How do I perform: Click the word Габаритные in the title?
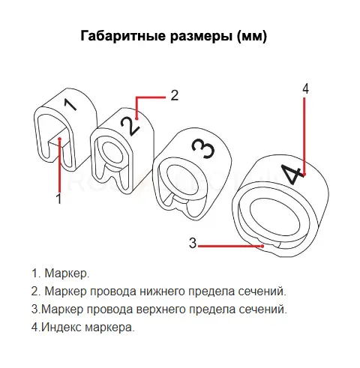[x=123, y=36]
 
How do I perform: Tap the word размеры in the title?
[x=202, y=37]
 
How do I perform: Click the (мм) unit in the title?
[x=252, y=37]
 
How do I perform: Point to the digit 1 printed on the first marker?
[x=70, y=104]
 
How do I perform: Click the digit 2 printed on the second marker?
[x=130, y=125]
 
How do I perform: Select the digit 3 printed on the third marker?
[x=203, y=148]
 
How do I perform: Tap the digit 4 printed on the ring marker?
[x=291, y=173]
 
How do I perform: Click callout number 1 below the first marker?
[x=58, y=199]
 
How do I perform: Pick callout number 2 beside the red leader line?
[x=175, y=95]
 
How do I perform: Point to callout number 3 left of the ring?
[x=193, y=243]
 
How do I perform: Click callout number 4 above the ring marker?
[x=305, y=88]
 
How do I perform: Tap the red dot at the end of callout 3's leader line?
[x=262, y=246]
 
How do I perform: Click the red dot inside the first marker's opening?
[x=59, y=139]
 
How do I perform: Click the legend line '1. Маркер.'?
[x=60, y=274]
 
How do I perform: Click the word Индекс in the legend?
[x=61, y=327]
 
